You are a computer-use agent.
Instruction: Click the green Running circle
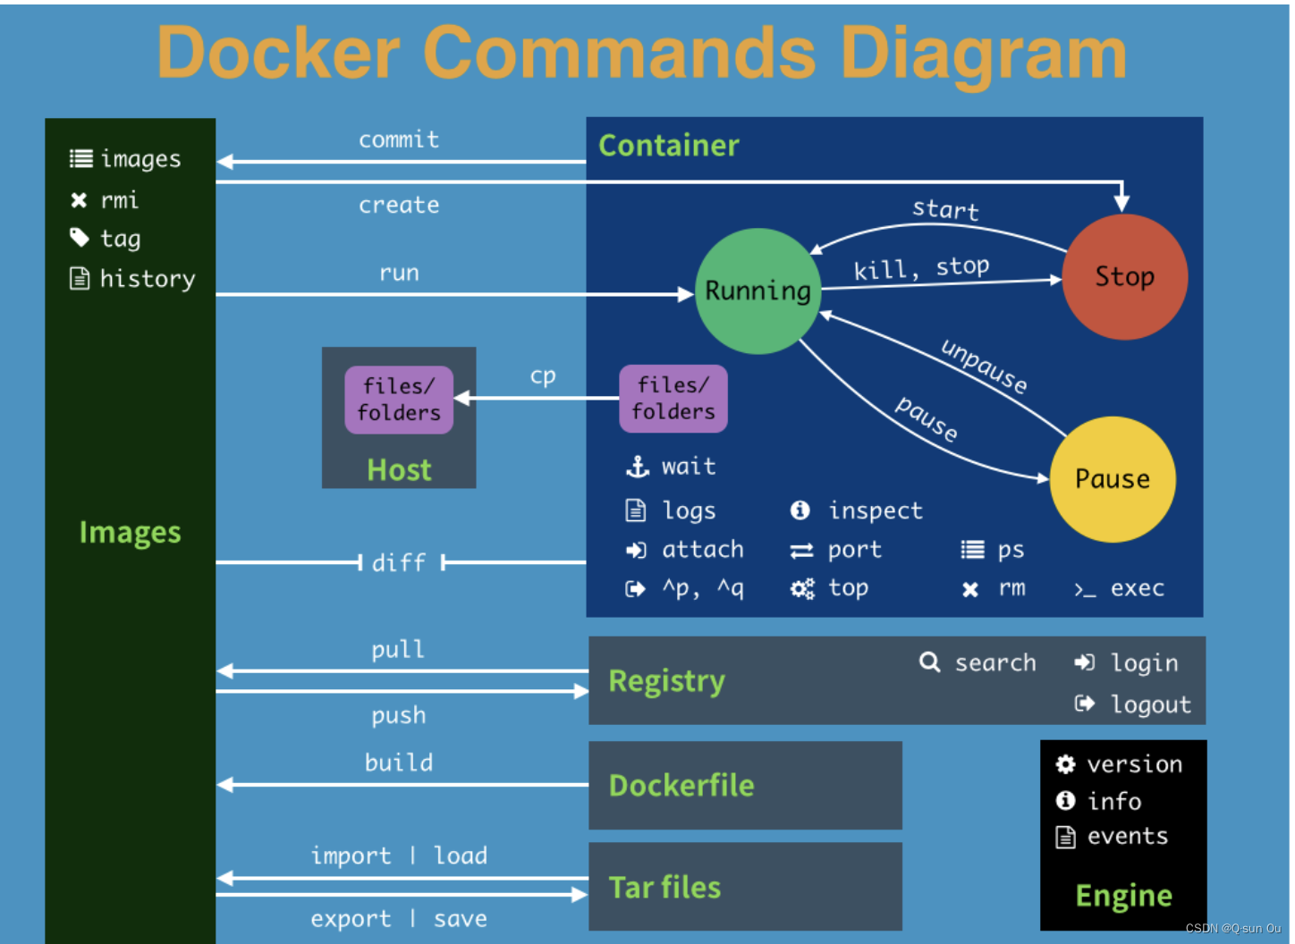pos(758,291)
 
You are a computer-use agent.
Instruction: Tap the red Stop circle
pos(1124,276)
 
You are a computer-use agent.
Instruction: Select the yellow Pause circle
pos(1112,479)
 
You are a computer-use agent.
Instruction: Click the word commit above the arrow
pos(399,139)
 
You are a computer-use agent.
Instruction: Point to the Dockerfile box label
pos(681,785)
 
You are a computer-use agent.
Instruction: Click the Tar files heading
pos(664,887)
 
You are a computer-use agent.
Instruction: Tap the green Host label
pos(399,469)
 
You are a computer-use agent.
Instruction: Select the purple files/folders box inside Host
pos(399,400)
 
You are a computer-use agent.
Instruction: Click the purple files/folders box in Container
pos(673,399)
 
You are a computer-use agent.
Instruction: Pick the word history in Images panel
pos(148,279)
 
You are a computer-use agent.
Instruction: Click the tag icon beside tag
pos(80,238)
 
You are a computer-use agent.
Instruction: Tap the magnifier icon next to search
pos(929,662)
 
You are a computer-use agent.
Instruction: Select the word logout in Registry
pos(1150,704)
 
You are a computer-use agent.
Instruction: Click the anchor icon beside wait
pos(637,466)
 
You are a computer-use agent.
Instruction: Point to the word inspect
pos(875,510)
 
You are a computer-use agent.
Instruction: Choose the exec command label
pos(1137,588)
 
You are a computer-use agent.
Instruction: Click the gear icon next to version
pos(1065,764)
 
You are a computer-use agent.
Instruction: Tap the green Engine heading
pos(1123,895)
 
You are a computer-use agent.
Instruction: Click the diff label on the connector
pos(399,562)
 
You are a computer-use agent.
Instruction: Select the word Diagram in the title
pos(983,53)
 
